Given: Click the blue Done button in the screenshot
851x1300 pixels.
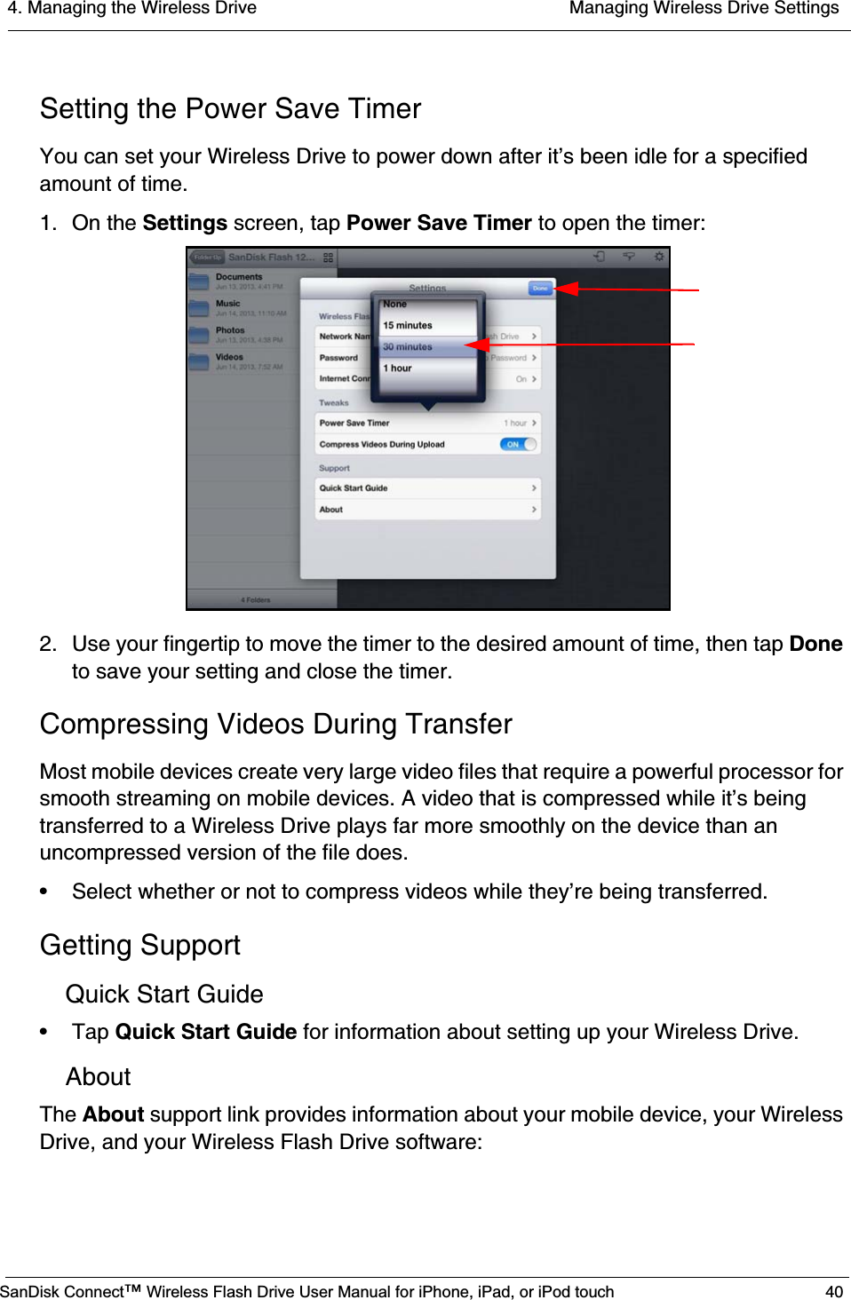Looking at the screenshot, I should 540,288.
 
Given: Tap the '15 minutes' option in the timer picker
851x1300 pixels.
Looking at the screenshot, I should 408,325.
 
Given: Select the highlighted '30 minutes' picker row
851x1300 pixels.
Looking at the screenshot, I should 408,346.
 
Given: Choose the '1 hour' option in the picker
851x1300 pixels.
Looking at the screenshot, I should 398,368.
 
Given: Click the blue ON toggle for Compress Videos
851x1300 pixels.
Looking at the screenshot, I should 517,444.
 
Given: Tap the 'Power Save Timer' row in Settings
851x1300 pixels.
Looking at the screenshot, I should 427,423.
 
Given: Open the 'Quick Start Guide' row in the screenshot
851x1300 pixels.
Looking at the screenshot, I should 427,487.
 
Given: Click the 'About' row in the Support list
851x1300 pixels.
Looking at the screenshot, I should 427,509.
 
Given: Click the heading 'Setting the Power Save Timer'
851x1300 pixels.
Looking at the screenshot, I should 230,108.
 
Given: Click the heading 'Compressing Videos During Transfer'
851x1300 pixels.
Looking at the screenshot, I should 275,724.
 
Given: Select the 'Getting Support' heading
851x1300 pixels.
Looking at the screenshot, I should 139,945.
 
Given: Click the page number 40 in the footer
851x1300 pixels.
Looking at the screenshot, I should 833,1291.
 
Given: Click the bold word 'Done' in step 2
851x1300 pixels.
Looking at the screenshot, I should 815,644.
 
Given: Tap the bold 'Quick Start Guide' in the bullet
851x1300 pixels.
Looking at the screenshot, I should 205,1032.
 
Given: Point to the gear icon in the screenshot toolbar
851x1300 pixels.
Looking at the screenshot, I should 658,257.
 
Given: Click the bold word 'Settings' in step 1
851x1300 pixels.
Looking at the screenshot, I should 185,223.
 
